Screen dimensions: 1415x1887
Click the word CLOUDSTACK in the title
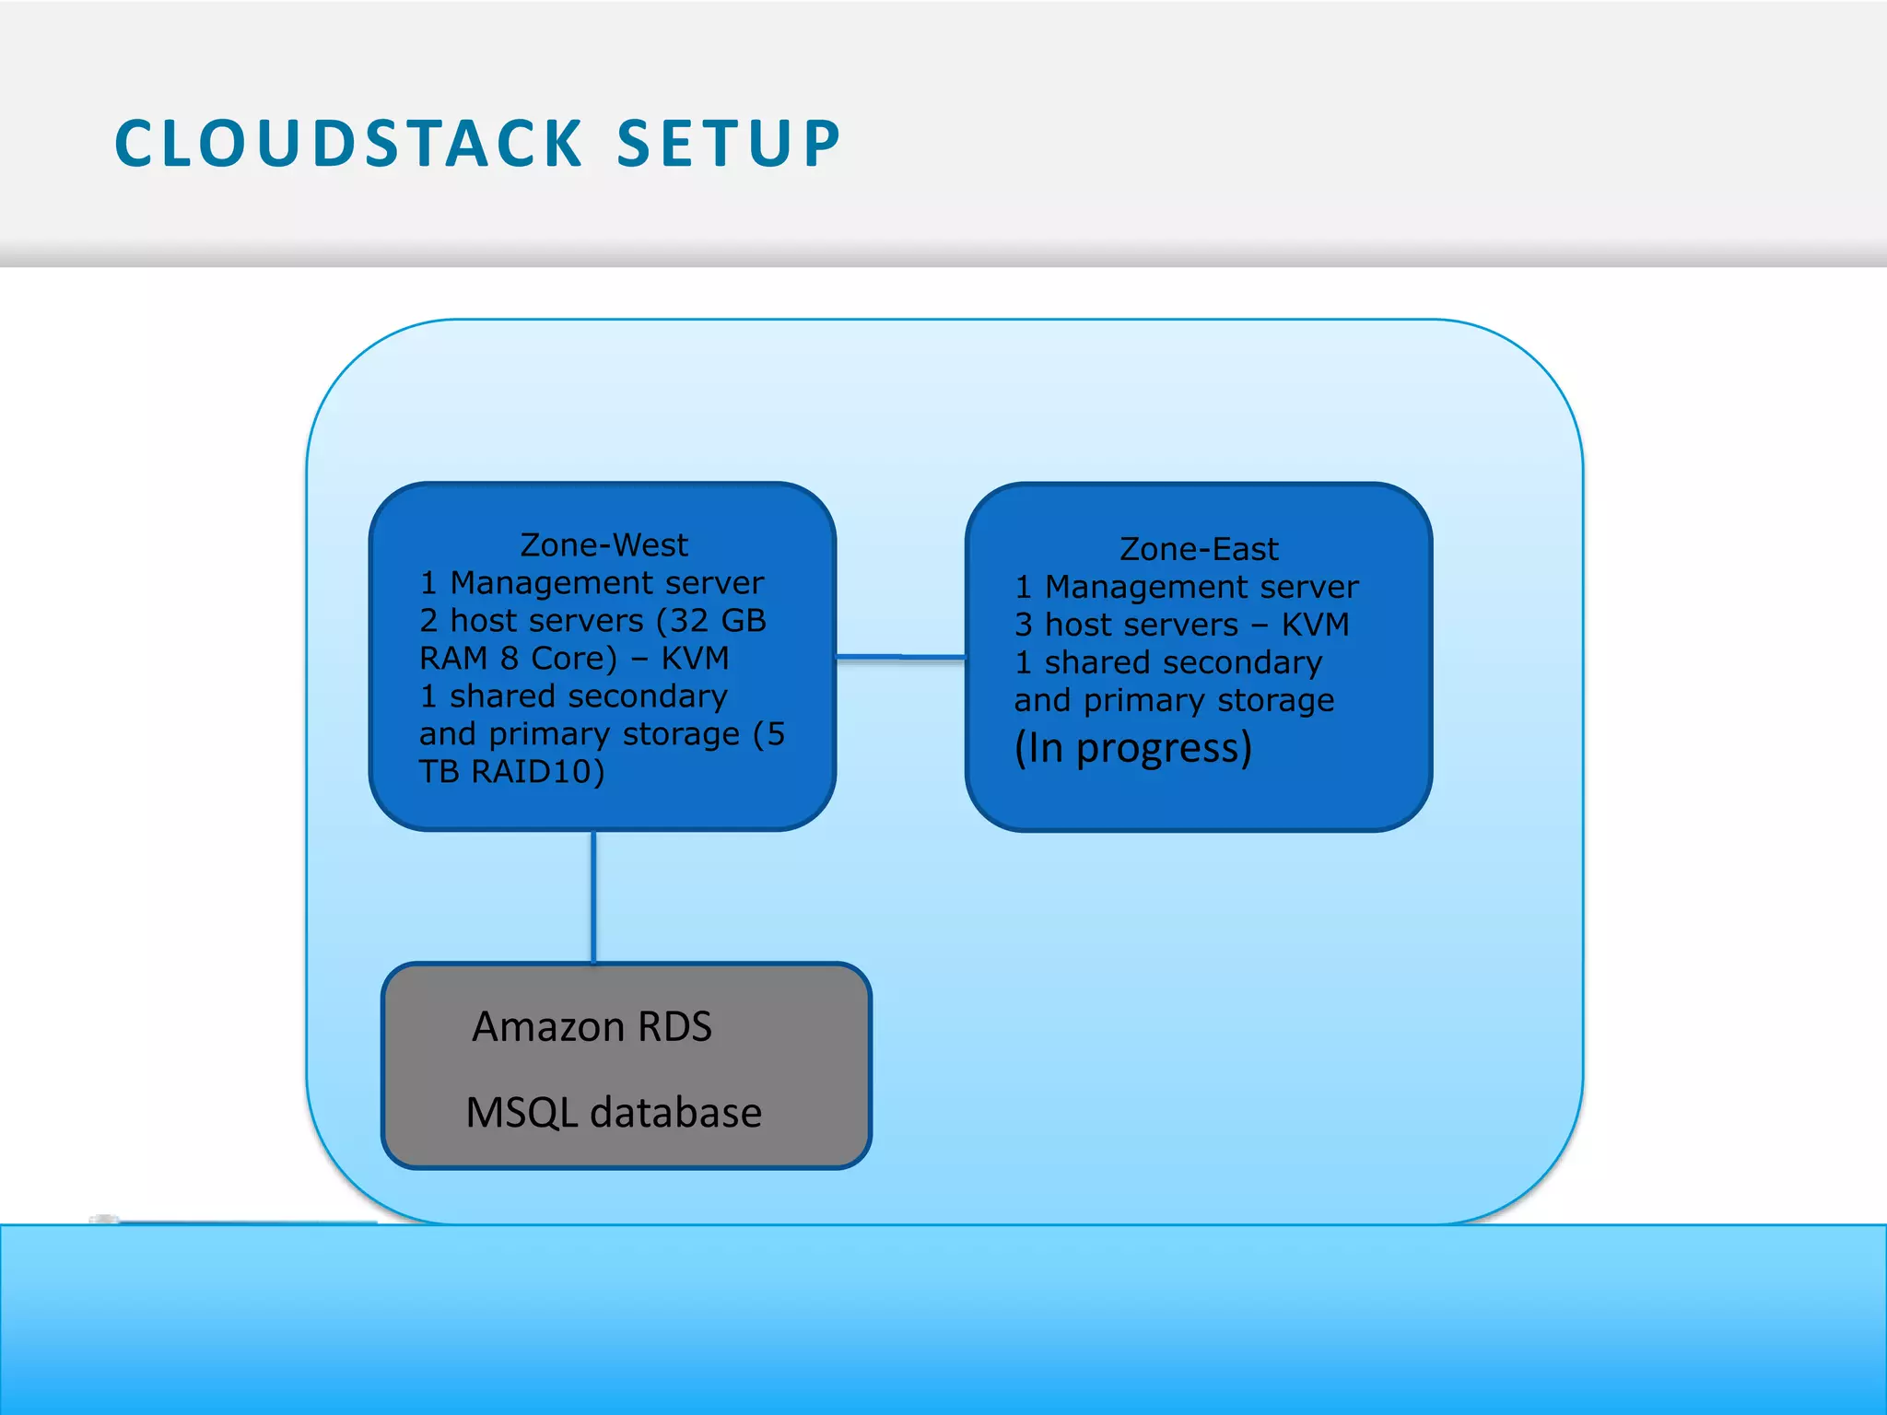[x=348, y=145]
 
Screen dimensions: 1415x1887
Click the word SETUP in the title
[x=728, y=145]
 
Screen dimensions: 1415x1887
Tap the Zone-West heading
[x=604, y=545]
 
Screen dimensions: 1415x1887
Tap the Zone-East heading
[x=1199, y=549]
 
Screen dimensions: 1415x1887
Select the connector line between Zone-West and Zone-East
[x=900, y=657]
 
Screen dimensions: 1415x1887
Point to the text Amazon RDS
[x=592, y=1026]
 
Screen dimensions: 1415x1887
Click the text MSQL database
[x=614, y=1113]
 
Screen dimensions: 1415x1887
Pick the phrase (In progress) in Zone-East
[x=1133, y=747]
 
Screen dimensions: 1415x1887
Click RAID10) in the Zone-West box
[x=538, y=771]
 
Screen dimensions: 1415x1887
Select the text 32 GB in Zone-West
[x=717, y=621]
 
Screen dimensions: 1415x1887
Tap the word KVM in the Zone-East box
[x=1315, y=625]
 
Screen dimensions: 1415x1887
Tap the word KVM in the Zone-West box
[x=695, y=659]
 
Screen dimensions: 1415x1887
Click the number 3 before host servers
[x=1024, y=625]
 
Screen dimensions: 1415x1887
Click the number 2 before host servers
[x=428, y=621]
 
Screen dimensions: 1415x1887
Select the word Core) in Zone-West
[x=573, y=659]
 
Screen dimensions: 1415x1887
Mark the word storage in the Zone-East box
[x=1275, y=700]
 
